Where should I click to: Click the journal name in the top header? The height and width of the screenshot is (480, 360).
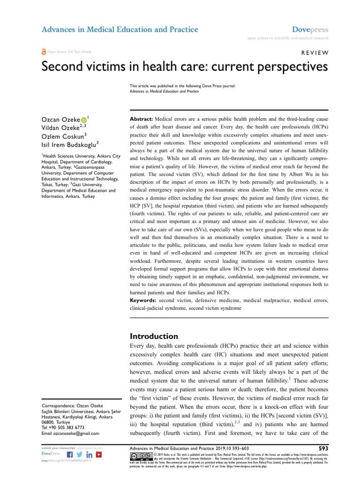[x=120, y=30]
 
